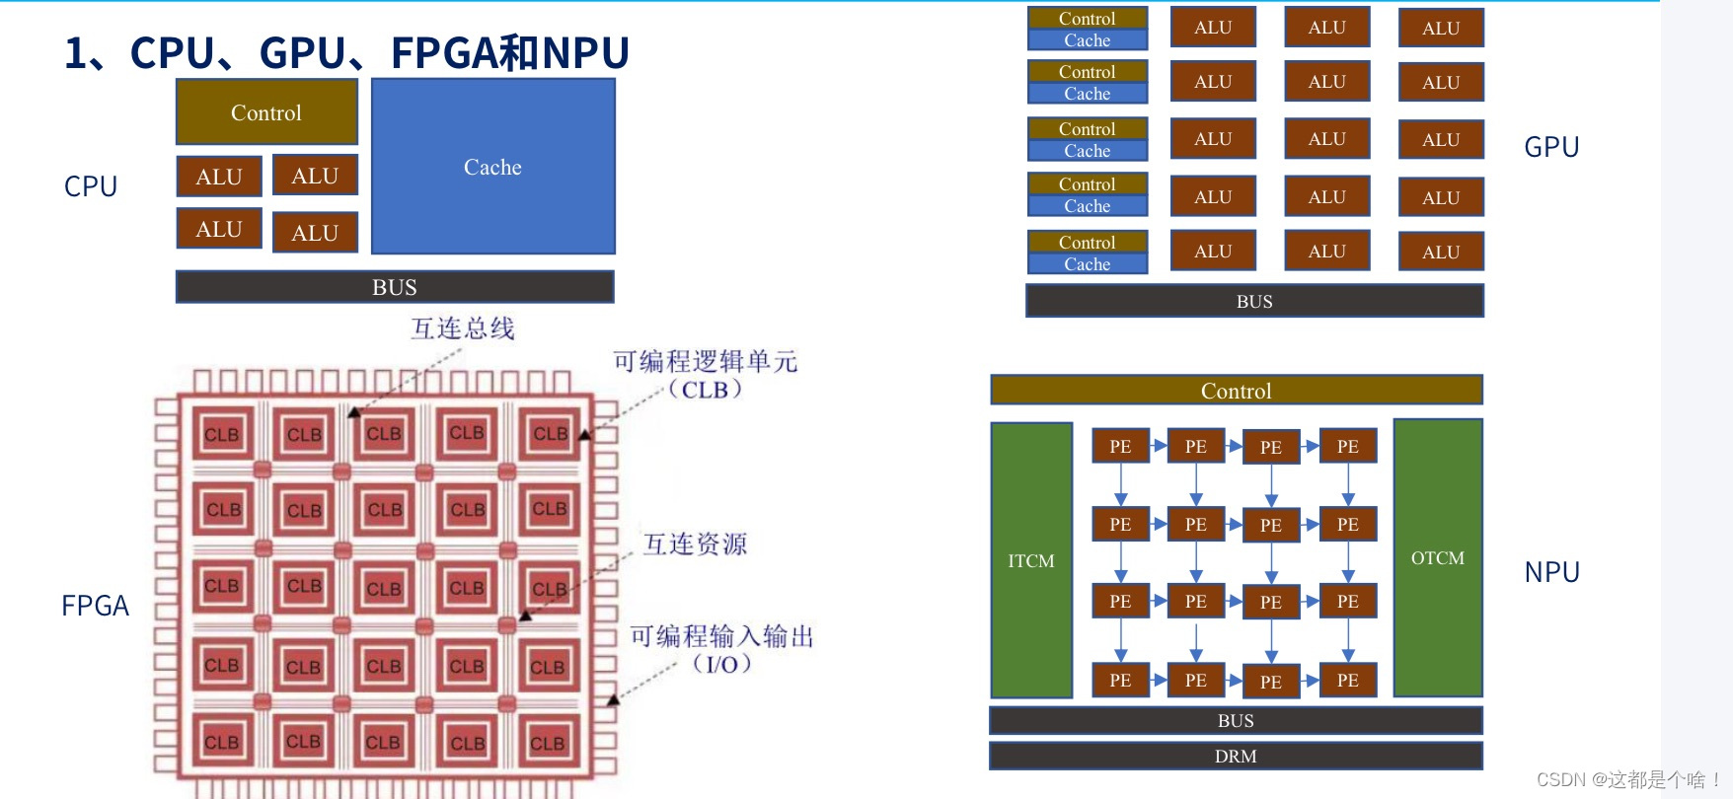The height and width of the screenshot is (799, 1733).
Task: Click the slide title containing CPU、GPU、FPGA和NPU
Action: [x=346, y=52]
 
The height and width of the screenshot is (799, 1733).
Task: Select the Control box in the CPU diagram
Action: [x=266, y=112]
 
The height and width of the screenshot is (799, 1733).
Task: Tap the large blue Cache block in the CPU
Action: [x=492, y=167]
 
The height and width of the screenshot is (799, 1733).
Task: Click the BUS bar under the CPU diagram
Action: [x=395, y=287]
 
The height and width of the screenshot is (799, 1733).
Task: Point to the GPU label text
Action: [x=1551, y=147]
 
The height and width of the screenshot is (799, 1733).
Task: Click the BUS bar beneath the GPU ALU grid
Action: [x=1254, y=301]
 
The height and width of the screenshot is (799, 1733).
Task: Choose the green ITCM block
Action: [x=1031, y=560]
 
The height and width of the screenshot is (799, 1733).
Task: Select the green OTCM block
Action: [x=1438, y=558]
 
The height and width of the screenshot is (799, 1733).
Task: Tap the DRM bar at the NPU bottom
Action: [x=1236, y=757]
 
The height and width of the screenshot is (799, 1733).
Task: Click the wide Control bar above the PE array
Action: [x=1236, y=391]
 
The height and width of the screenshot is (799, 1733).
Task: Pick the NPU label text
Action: [x=1551, y=572]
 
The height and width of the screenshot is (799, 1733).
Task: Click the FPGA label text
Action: [x=95, y=606]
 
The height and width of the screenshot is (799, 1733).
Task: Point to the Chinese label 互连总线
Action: [x=462, y=328]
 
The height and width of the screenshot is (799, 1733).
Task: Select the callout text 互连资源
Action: [x=695, y=545]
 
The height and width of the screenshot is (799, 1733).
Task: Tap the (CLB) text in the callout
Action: [x=705, y=390]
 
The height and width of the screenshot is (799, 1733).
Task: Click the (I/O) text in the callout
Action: [x=721, y=664]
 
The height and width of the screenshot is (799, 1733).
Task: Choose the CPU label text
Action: [x=91, y=186]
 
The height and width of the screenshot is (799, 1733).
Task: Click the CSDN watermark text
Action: [x=1628, y=779]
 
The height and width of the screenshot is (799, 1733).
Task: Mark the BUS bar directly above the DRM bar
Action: [x=1236, y=721]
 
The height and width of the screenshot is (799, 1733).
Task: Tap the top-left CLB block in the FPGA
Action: [x=221, y=435]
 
